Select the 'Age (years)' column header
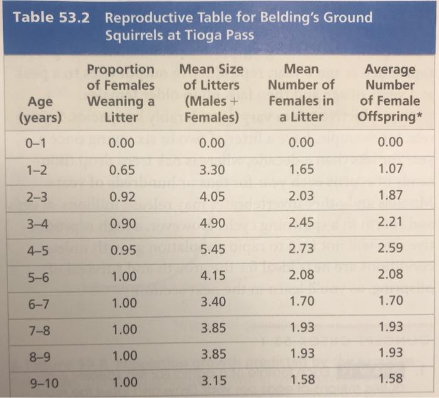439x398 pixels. click(40, 109)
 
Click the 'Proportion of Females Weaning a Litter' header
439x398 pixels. click(120, 92)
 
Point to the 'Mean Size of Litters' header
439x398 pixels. click(210, 92)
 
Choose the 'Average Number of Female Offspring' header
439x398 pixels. click(390, 92)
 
